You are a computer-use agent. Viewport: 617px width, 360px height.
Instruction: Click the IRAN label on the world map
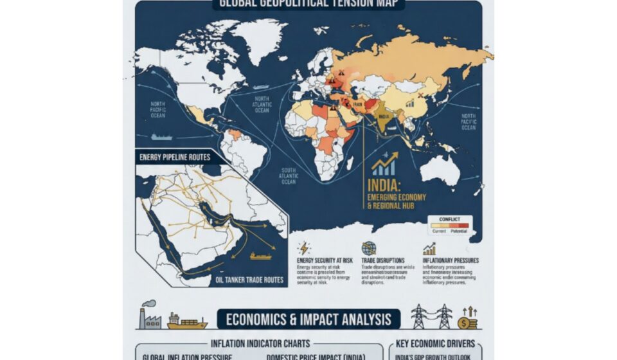(358, 104)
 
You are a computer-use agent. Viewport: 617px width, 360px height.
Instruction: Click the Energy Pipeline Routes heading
(174, 157)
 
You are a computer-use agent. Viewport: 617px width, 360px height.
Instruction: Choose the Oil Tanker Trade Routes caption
(248, 280)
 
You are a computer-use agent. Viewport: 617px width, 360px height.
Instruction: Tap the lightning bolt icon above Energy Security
(305, 248)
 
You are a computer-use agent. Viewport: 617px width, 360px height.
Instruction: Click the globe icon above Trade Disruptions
(368, 248)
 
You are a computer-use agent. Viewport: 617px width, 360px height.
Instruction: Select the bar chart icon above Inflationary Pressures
(429, 249)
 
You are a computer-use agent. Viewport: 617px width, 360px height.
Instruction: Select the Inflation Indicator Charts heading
(260, 343)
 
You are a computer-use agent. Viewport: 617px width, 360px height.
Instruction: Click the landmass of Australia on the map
(438, 170)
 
